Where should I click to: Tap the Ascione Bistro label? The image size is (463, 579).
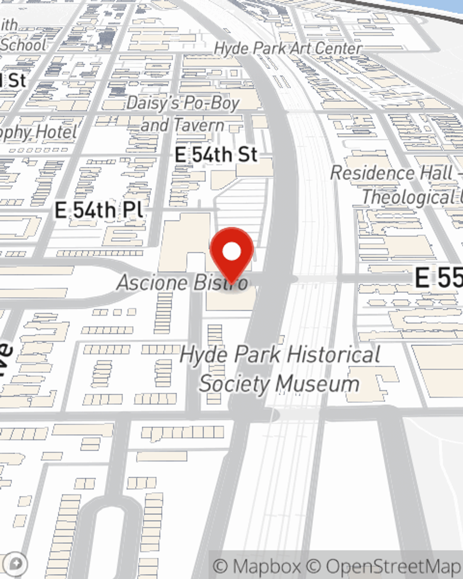181,283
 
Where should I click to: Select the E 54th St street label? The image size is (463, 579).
216,155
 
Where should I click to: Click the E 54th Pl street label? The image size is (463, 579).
99,210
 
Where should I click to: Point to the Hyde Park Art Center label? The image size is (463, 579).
288,48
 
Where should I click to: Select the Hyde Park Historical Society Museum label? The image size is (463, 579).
280,369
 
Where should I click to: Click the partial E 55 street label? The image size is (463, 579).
438,278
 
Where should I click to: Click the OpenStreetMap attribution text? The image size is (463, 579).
393,566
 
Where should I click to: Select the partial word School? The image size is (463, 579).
23,45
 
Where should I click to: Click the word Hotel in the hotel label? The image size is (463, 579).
56,133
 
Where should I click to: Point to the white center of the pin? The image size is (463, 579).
231,252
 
